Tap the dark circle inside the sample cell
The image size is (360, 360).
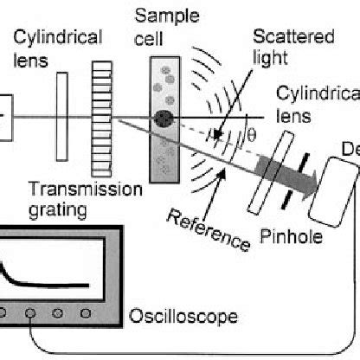(x=162, y=119)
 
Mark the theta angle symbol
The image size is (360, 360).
(x=253, y=136)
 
